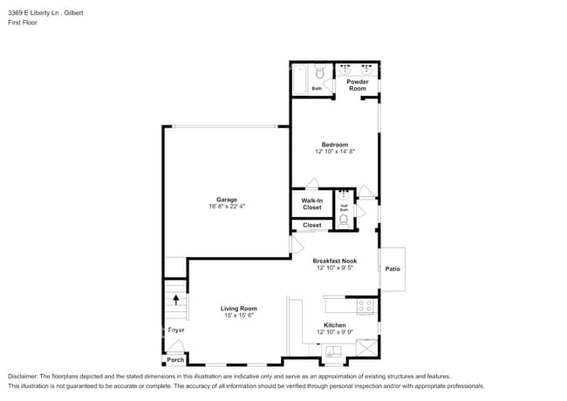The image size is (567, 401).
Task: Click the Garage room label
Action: [227, 199]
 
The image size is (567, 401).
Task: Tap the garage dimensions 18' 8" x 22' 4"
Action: [227, 207]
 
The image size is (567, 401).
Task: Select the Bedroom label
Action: [334, 145]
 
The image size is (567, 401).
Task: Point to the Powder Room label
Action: [358, 85]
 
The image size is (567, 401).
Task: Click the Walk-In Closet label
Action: [312, 204]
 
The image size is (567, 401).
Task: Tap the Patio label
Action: [393, 268]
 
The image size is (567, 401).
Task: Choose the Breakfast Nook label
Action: [335, 261]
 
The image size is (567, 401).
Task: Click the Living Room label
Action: [238, 309]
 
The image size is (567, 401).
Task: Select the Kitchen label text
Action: [335, 325]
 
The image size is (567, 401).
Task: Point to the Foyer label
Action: [176, 330]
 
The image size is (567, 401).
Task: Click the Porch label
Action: [175, 359]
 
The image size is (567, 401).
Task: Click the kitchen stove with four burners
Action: [365, 306]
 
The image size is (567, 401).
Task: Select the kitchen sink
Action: [333, 353]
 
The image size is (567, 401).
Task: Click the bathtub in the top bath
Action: [298, 79]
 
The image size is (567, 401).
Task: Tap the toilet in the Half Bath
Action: [344, 221]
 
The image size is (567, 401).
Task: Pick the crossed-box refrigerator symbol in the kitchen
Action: [367, 350]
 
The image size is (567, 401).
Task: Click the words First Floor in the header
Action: [23, 23]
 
